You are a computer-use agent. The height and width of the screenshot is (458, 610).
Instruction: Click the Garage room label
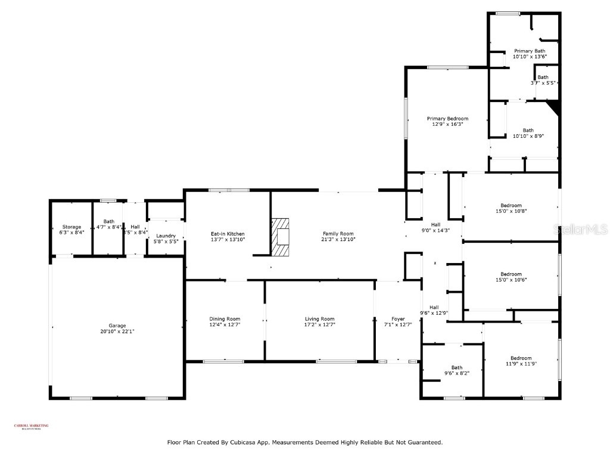click(x=117, y=326)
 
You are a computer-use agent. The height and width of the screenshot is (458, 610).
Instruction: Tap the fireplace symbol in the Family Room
click(x=280, y=236)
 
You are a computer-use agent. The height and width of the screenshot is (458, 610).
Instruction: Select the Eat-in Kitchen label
click(x=228, y=234)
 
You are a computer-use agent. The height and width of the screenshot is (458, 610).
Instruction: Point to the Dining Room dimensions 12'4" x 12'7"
click(x=225, y=325)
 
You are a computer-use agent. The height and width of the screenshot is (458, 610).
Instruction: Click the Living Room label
click(x=320, y=319)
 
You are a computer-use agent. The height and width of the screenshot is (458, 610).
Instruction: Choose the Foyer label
click(x=398, y=319)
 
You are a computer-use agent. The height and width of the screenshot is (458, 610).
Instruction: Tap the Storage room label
click(x=71, y=227)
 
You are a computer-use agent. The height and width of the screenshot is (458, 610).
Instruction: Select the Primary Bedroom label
click(x=447, y=119)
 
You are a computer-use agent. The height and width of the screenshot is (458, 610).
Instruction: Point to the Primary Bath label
click(x=530, y=51)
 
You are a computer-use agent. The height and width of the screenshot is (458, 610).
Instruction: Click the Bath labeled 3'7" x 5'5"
click(x=543, y=77)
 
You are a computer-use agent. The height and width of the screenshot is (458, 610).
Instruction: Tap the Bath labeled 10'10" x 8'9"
click(x=528, y=130)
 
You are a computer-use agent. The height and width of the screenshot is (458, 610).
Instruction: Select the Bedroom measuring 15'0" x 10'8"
click(x=511, y=206)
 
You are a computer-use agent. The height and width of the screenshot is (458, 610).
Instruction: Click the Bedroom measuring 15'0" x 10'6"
click(x=511, y=274)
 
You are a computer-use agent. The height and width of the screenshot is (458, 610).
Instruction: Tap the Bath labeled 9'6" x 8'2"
click(x=456, y=367)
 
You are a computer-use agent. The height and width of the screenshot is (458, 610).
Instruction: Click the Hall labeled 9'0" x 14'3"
click(x=435, y=224)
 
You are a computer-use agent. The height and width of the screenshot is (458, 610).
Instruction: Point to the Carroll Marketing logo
click(x=31, y=426)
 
